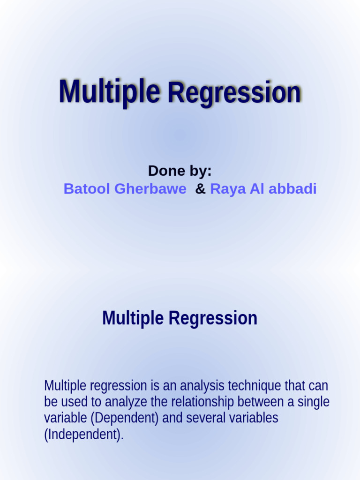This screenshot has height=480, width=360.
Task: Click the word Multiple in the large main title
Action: (x=109, y=92)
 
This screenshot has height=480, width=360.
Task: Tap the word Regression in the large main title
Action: (x=234, y=92)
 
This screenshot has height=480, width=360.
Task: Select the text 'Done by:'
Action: (x=180, y=171)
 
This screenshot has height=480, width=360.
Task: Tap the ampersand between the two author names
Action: (x=200, y=189)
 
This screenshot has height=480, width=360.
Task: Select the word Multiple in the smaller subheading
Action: (x=134, y=319)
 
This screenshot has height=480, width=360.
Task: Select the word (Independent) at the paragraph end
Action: (x=84, y=435)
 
